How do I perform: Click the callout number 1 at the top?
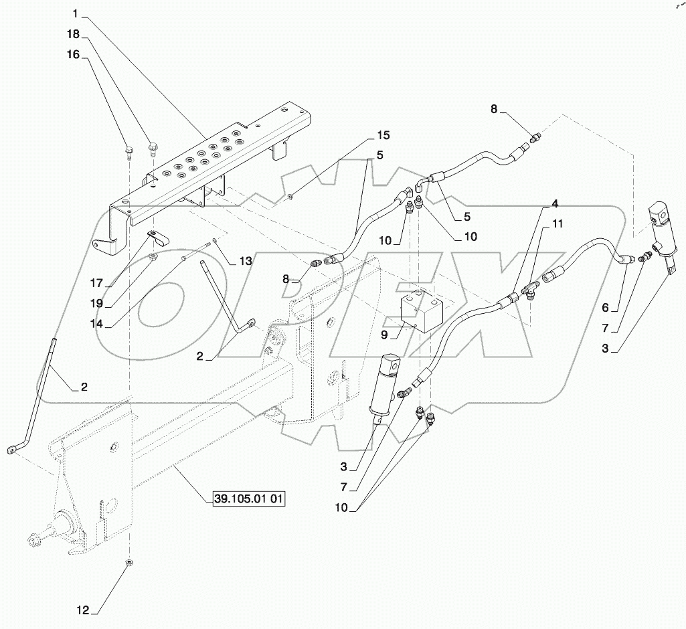(x=76, y=14)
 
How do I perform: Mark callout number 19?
(x=98, y=302)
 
